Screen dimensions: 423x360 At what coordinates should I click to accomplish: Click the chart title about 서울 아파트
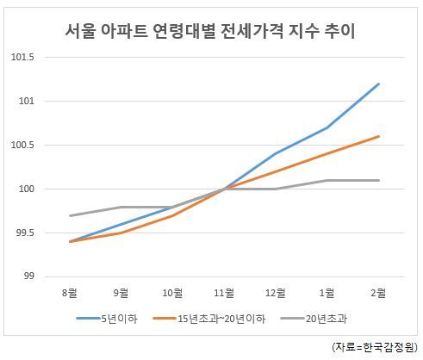pyautogui.click(x=210, y=31)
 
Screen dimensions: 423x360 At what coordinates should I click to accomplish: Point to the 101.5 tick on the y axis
pyautogui.click(x=22, y=57)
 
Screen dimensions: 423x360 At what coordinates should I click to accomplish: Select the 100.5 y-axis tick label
pyautogui.click(x=22, y=145)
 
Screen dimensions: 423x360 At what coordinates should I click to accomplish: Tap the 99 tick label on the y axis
pyautogui.click(x=28, y=276)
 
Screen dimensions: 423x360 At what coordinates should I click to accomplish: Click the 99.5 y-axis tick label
pyautogui.click(x=25, y=233)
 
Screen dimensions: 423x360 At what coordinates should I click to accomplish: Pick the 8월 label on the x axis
pyautogui.click(x=70, y=293)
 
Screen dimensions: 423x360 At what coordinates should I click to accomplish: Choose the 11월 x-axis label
pyautogui.click(x=224, y=293)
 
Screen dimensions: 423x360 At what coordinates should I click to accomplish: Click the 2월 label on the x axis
pyautogui.click(x=378, y=293)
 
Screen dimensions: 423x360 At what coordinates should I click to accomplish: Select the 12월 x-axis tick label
pyautogui.click(x=276, y=293)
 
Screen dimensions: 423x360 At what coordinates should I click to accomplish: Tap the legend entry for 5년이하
pyautogui.click(x=107, y=319)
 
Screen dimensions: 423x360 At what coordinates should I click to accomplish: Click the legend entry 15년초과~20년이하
pyautogui.click(x=209, y=319)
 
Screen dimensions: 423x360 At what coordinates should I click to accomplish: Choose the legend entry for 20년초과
pyautogui.click(x=314, y=319)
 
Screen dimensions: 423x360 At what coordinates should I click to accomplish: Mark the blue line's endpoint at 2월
pyautogui.click(x=379, y=84)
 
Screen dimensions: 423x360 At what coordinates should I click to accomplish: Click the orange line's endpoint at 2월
pyautogui.click(x=379, y=136)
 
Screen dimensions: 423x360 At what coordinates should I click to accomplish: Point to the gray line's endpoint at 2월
pyautogui.click(x=379, y=180)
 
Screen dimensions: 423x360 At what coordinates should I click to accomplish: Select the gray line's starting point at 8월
pyautogui.click(x=70, y=215)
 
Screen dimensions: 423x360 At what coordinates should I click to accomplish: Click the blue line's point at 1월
pyautogui.click(x=327, y=127)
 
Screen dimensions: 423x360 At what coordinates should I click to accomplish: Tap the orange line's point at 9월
pyautogui.click(x=121, y=233)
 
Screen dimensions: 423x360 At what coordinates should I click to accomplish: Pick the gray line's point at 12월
pyautogui.click(x=276, y=189)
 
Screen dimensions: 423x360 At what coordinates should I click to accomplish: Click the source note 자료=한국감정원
pyautogui.click(x=375, y=347)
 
